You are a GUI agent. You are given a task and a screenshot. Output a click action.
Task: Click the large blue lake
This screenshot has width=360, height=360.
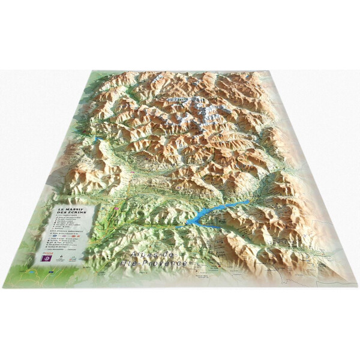(207, 215)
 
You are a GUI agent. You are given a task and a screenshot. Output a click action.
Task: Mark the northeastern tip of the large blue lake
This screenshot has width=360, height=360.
(248, 202)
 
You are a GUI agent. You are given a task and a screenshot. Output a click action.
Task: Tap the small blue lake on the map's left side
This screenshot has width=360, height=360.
(95, 139)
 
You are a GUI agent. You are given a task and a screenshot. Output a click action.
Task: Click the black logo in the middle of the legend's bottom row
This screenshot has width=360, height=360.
(61, 257)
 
